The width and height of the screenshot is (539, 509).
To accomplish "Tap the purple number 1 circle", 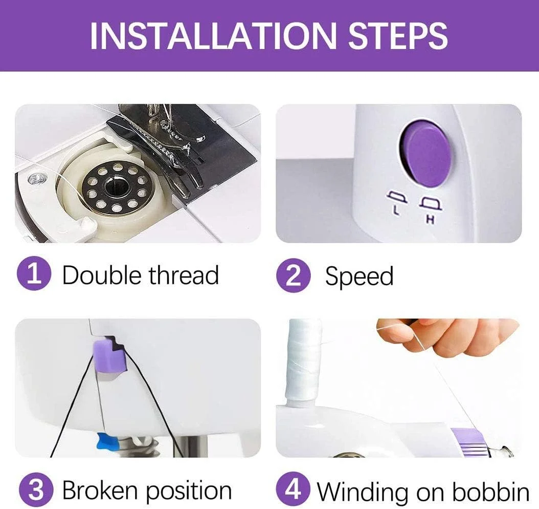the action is point(34,275).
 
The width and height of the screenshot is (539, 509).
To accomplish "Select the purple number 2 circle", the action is point(294,275).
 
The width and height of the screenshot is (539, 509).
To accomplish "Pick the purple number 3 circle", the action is point(36,491).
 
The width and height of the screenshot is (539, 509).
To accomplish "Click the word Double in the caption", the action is point(102,275).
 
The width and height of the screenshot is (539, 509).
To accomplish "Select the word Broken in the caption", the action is point(100,490).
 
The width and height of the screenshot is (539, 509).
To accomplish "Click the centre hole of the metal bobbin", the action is point(115,188).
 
